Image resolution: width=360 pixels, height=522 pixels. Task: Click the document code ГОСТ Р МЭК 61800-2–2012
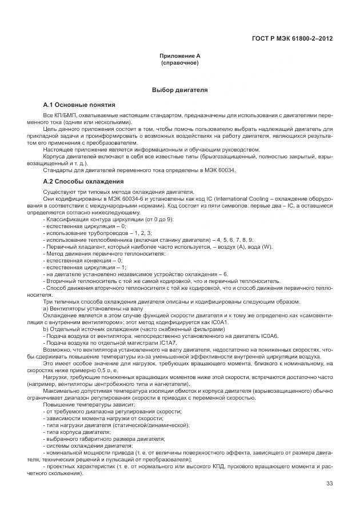[292, 39]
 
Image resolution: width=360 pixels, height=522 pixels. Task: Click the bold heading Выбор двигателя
[179, 90]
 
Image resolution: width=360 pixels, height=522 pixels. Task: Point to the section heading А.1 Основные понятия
[79, 106]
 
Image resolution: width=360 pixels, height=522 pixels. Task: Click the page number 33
[329, 484]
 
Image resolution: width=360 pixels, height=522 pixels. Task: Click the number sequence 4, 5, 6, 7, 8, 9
[235, 240]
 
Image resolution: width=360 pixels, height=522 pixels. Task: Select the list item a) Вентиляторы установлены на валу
[85, 308]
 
